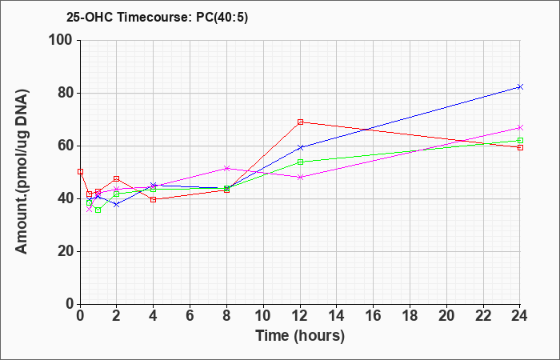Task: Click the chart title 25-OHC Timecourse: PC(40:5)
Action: pos(157,17)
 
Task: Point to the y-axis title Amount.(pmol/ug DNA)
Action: pos(22,172)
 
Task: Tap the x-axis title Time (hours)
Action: pos(300,336)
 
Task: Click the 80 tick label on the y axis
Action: pos(66,93)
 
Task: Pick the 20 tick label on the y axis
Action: pos(66,251)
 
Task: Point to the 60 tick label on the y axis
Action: pos(66,146)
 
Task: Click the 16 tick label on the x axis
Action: pos(374,316)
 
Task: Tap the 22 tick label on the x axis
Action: pos(483,316)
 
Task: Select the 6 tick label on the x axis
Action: pos(190,316)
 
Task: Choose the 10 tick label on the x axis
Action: pos(263,316)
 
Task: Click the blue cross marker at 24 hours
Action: pos(520,86)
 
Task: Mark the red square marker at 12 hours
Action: pos(300,122)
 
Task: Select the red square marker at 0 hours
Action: pos(80,172)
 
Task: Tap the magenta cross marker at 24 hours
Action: pos(520,127)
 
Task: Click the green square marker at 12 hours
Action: pos(300,162)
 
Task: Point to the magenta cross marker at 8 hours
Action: pos(226,168)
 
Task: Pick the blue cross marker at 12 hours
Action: pos(300,147)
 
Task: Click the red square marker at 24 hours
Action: pos(520,147)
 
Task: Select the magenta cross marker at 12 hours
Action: pos(300,177)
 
